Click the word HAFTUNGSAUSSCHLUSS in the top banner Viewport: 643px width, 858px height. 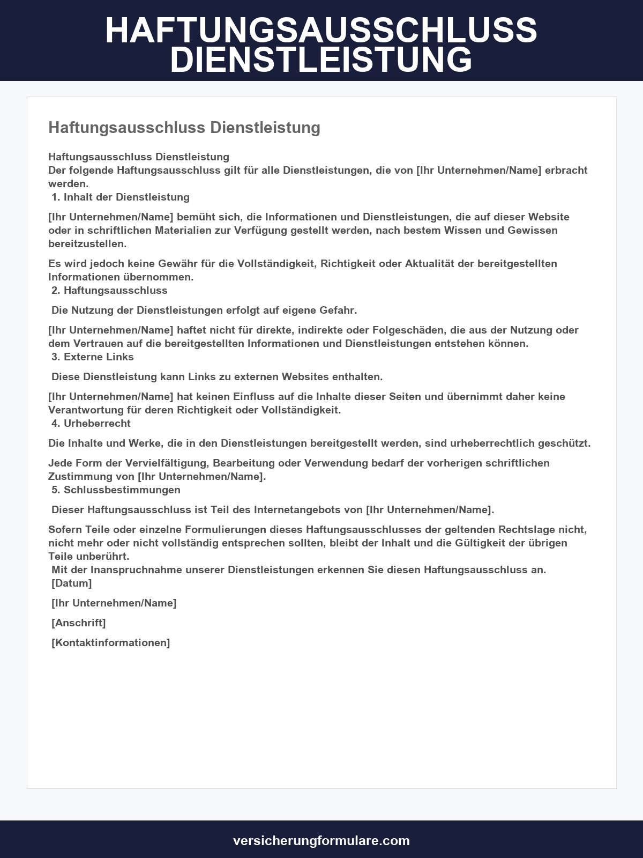(x=322, y=31)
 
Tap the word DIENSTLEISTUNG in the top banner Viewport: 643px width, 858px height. (x=322, y=60)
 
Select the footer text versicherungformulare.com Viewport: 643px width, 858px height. (x=322, y=840)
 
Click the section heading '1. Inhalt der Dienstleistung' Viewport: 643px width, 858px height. (x=121, y=197)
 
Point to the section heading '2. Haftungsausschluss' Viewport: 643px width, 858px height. (x=109, y=290)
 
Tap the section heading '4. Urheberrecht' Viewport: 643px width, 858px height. (x=91, y=423)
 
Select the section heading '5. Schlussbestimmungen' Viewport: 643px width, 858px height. (x=116, y=490)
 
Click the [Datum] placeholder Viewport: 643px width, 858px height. (x=72, y=583)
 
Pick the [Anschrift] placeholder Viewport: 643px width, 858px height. (x=79, y=623)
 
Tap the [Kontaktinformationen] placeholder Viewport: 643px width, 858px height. (x=111, y=642)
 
